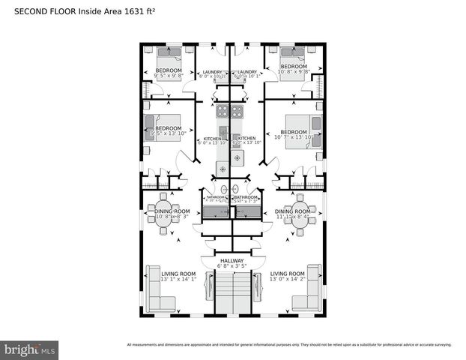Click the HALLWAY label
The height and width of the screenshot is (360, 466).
232,260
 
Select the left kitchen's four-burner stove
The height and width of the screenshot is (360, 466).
223,112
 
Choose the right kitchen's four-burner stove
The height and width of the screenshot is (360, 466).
240,112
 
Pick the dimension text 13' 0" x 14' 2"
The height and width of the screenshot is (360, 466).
288,280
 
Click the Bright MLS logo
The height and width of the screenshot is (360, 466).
30,349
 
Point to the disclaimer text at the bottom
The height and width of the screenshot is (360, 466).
288,344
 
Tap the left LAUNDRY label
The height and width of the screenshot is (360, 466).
212,72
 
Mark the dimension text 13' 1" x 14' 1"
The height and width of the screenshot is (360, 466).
178,280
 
